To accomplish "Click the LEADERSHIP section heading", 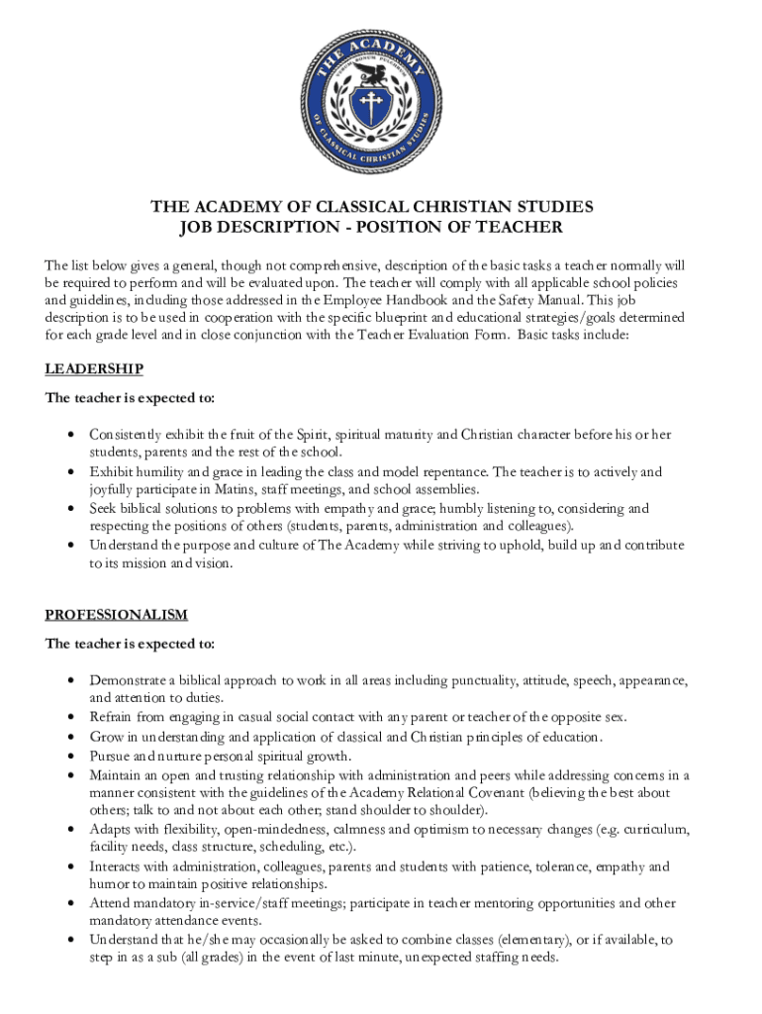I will click(94, 369).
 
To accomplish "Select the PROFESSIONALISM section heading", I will click(116, 615).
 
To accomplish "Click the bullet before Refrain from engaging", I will click(70, 717).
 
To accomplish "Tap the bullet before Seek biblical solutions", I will click(70, 509).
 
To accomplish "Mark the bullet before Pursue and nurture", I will click(70, 755).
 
